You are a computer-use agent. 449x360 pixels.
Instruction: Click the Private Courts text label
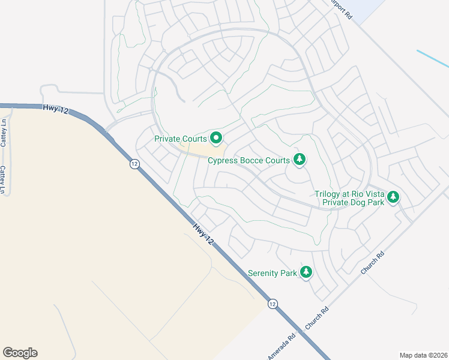pyautogui.click(x=180, y=139)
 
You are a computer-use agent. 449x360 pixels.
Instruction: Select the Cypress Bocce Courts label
pyautogui.click(x=249, y=160)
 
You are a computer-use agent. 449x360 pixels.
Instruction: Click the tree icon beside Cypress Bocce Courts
pyautogui.click(x=300, y=159)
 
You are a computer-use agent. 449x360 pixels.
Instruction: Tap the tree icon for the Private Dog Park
pyautogui.click(x=393, y=197)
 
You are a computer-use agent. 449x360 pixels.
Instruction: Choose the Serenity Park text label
pyautogui.click(x=273, y=274)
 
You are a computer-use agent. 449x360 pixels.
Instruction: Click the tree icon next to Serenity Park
pyautogui.click(x=307, y=272)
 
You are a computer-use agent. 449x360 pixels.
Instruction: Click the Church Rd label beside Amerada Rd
pyautogui.click(x=317, y=318)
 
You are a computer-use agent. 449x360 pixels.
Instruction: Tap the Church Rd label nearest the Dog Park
pyautogui.click(x=373, y=262)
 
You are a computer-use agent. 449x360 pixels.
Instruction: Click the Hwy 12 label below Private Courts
pyautogui.click(x=203, y=233)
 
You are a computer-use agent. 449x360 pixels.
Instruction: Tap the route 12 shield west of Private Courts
pyautogui.click(x=134, y=163)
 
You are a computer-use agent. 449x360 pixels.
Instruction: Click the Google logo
pyautogui.click(x=20, y=353)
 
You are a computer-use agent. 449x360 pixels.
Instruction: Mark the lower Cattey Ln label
pyautogui.click(x=4, y=180)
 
